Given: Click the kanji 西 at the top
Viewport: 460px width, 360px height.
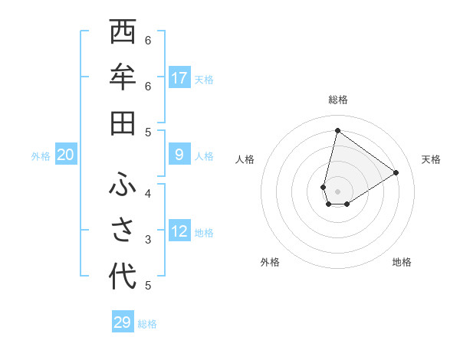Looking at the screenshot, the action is [122, 32].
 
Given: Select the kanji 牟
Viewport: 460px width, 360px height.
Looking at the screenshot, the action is [122, 77].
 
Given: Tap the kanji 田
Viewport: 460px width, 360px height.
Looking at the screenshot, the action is [122, 123].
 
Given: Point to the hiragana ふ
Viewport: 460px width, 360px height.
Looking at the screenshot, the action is [122, 186].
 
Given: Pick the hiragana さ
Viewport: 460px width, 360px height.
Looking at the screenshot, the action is [122, 231].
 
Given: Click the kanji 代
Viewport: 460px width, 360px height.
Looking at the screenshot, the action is [122, 277].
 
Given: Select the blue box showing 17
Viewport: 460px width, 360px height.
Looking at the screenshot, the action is [179, 78].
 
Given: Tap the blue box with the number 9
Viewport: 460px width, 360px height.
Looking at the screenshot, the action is [179, 155].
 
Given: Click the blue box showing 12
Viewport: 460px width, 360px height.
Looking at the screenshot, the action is [179, 232].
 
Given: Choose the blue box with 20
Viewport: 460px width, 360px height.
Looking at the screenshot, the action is [66, 155].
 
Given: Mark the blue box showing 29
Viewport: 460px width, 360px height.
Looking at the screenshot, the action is [123, 322].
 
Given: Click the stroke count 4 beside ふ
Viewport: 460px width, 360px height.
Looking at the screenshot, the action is [148, 193].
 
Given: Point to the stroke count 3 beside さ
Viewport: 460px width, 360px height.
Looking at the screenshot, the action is [148, 240].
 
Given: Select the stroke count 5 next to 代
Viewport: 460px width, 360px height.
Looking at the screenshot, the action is [148, 286].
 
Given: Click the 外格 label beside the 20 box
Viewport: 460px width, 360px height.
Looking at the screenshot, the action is [41, 156].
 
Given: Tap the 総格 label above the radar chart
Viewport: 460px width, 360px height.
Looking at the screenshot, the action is [337, 100].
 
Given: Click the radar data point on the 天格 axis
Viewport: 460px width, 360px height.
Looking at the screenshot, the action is [396, 172].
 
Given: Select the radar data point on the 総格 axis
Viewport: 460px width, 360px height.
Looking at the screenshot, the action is [337, 130].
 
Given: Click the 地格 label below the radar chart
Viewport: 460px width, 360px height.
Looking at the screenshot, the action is [402, 262].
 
